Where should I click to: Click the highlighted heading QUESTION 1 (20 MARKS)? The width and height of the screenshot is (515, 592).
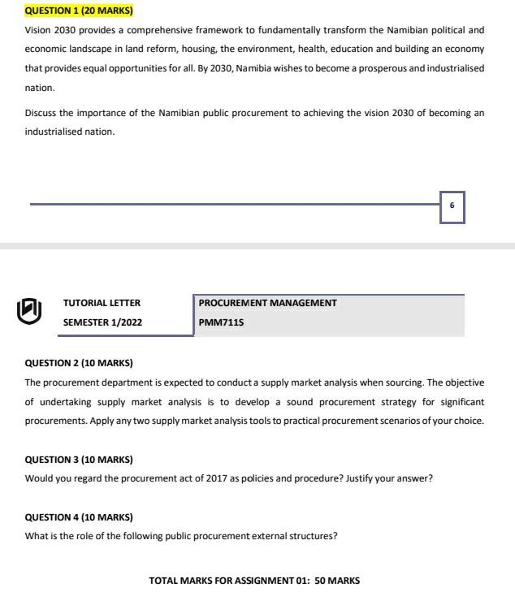click(x=79, y=11)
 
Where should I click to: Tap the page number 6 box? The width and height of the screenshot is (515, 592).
click(x=452, y=206)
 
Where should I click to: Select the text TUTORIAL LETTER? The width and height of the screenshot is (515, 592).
click(x=102, y=303)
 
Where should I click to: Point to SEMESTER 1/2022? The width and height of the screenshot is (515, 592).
click(x=102, y=322)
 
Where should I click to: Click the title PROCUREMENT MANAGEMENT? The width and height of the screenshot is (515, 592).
click(x=267, y=303)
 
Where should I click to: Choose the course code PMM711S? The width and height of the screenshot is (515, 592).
click(x=221, y=322)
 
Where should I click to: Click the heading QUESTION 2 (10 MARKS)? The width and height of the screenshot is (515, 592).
click(x=79, y=363)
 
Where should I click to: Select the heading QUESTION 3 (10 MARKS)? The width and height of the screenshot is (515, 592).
click(x=79, y=460)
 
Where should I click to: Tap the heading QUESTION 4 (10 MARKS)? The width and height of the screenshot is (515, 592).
click(x=79, y=517)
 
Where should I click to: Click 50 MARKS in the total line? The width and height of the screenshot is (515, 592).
click(x=337, y=581)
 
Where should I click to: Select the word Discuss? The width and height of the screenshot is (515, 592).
click(x=41, y=113)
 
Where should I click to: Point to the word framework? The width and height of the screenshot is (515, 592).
click(x=188, y=29)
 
